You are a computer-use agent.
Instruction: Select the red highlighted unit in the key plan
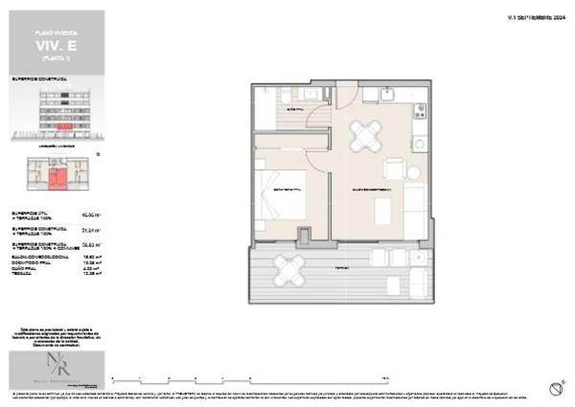[59, 176]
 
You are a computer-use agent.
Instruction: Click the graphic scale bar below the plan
[249, 375]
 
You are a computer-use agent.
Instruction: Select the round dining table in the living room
[365, 137]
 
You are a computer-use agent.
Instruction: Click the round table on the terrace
[289, 270]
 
